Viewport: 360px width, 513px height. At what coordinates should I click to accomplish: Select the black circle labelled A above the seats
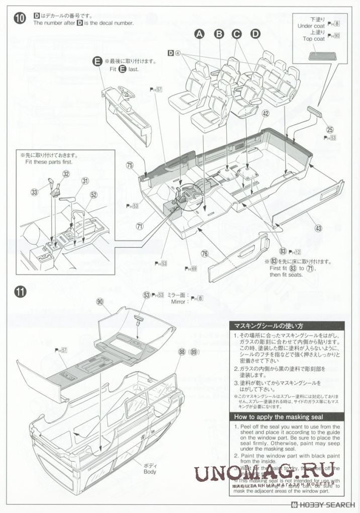(x=200, y=34)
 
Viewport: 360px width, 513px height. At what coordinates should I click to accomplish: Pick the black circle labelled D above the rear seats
(x=255, y=34)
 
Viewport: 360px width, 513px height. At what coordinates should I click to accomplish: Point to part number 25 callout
(x=330, y=129)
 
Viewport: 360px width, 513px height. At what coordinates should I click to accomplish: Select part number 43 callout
(x=318, y=228)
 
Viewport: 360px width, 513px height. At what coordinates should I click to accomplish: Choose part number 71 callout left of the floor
(x=139, y=226)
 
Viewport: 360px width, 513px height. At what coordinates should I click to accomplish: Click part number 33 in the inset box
(x=34, y=192)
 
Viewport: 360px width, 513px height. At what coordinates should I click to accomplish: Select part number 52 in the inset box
(x=94, y=195)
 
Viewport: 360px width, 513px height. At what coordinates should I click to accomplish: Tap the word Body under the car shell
(x=149, y=471)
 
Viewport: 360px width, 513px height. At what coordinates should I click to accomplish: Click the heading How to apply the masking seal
(x=278, y=416)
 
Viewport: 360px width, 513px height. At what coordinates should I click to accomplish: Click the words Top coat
(x=314, y=39)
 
